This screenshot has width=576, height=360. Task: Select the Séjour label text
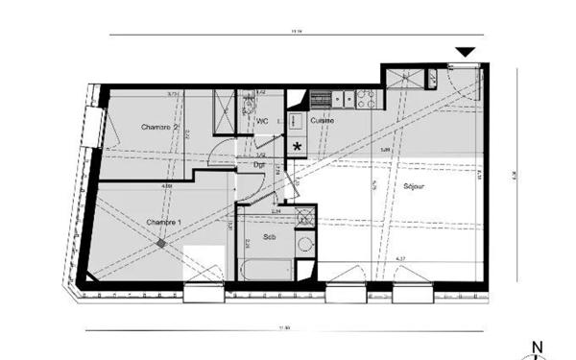pos(416,186)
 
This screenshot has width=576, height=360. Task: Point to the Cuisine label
pos(323,121)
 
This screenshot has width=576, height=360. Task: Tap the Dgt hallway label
pos(259,164)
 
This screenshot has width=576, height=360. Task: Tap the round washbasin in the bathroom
pos(305,244)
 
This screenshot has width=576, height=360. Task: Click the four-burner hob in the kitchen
pos(366,97)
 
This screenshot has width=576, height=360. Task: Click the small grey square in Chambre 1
pos(161,244)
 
